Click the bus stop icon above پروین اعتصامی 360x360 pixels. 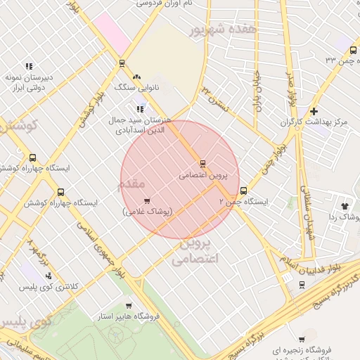point(202,163)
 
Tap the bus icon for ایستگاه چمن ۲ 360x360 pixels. point(244,190)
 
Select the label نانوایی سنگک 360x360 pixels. point(132,89)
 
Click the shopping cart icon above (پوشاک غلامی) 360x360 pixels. point(147,201)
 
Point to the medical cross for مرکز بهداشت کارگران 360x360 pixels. point(314,111)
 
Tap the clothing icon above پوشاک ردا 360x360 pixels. point(345,206)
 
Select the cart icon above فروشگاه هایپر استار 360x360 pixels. point(128,305)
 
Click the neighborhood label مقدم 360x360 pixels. point(132,183)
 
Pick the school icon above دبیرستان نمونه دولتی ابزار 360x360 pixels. point(28,66)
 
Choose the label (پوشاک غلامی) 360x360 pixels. point(148,212)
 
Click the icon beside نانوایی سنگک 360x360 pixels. point(136,77)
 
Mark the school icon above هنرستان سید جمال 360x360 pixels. point(141,108)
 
